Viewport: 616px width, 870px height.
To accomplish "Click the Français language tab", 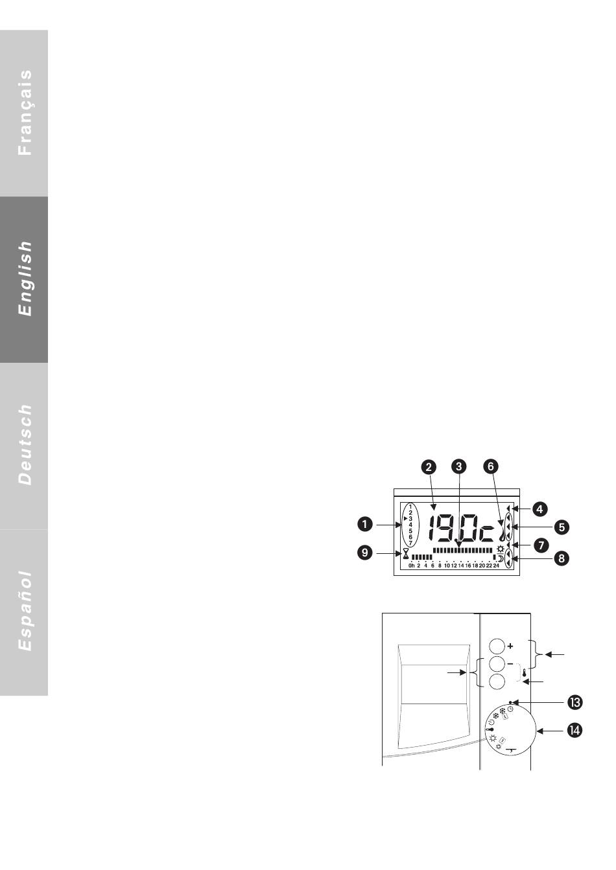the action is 24,113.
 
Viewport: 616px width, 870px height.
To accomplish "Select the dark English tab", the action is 24,279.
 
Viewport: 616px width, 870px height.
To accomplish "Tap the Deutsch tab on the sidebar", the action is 24,445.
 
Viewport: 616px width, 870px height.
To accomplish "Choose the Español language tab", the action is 24,612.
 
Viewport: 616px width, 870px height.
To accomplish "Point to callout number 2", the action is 428,466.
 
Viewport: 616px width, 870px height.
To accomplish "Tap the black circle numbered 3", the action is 458,466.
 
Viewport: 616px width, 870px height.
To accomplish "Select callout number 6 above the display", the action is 491,466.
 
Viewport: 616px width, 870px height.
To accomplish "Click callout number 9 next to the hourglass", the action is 366,553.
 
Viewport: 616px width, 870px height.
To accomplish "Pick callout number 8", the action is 562,557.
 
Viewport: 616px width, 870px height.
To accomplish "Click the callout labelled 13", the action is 574,702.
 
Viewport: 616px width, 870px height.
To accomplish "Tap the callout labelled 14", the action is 574,731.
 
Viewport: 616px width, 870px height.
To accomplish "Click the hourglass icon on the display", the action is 406,554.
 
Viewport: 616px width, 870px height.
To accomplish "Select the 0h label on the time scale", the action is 412,566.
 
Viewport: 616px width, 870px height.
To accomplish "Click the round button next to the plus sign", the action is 496,646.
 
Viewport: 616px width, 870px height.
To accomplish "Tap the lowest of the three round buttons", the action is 496,681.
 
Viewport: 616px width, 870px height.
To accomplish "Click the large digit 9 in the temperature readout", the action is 448,528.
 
